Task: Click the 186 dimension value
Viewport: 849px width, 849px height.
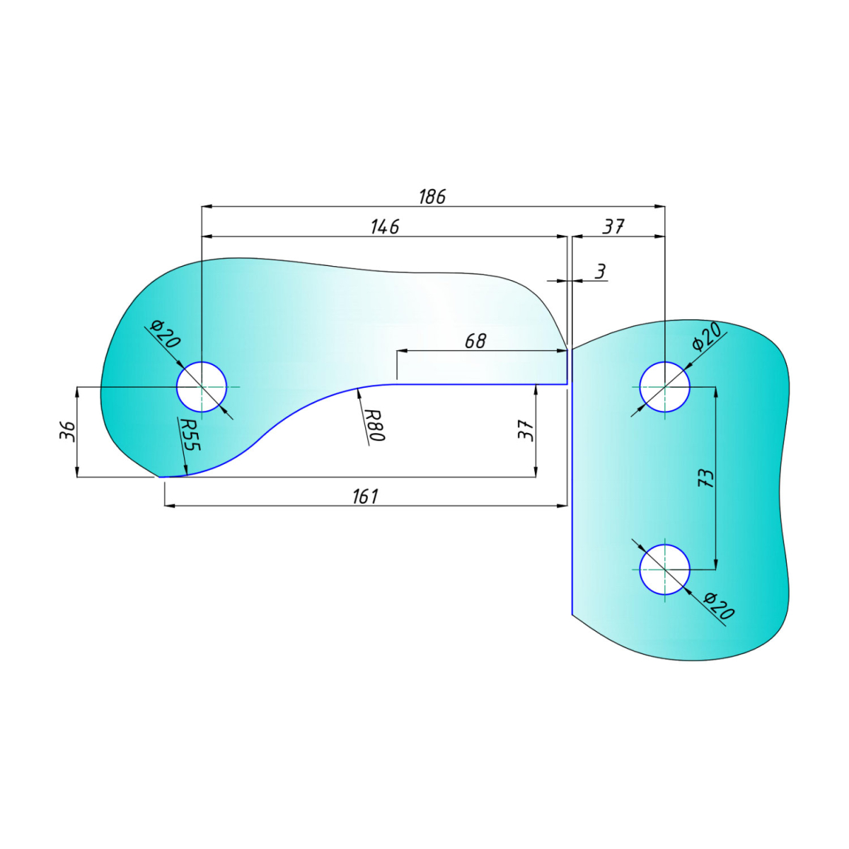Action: (432, 197)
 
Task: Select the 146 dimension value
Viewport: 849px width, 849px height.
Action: (385, 227)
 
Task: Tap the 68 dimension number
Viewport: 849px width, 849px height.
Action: (476, 341)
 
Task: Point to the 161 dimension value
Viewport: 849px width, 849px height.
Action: (365, 497)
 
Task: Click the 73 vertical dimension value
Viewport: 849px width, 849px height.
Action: (705, 478)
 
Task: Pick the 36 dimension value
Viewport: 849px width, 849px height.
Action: (67, 432)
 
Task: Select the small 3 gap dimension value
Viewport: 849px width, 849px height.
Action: (600, 272)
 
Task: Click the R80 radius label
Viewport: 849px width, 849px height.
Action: (375, 425)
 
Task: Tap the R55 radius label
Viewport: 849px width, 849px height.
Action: (191, 434)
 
